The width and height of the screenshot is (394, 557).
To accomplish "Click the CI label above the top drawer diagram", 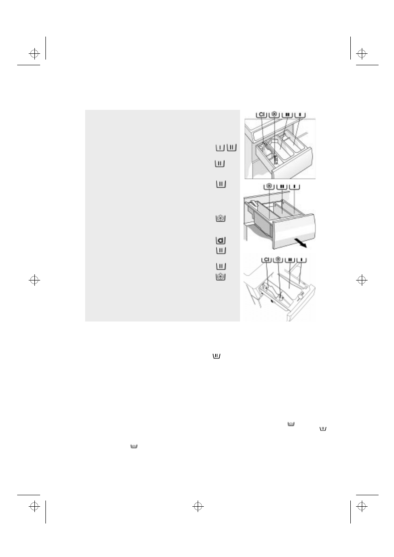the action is (x=262, y=115).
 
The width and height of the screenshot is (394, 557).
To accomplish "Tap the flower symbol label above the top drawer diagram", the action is (x=274, y=115).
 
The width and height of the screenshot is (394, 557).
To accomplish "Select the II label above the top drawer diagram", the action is (x=287, y=115).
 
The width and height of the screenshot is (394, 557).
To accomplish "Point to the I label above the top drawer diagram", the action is (x=300, y=115).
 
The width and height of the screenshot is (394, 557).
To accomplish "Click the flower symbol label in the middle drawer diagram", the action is (x=269, y=186).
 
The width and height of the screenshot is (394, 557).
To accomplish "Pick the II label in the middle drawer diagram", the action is (x=282, y=186).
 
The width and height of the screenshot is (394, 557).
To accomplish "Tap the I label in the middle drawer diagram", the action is (x=294, y=186).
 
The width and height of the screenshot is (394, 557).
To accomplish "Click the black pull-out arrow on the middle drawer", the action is (x=300, y=243).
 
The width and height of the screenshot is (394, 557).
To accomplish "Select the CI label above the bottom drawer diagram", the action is (x=266, y=260).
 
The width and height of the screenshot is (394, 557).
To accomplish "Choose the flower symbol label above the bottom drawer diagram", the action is (x=278, y=260).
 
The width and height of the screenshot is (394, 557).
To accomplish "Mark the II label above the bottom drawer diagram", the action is (x=290, y=260).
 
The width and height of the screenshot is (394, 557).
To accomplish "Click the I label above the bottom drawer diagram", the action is (x=302, y=260).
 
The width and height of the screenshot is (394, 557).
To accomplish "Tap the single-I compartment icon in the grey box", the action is (x=220, y=147).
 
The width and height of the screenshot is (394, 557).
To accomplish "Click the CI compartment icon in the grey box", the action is (x=221, y=240).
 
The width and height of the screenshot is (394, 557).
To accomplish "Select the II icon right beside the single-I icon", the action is (x=232, y=147).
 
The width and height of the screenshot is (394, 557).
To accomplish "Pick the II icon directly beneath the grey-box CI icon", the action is (x=221, y=250).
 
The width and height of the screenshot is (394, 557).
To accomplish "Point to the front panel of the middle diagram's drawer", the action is (x=294, y=232).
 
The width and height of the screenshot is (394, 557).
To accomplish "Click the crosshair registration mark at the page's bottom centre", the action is (x=198, y=506).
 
